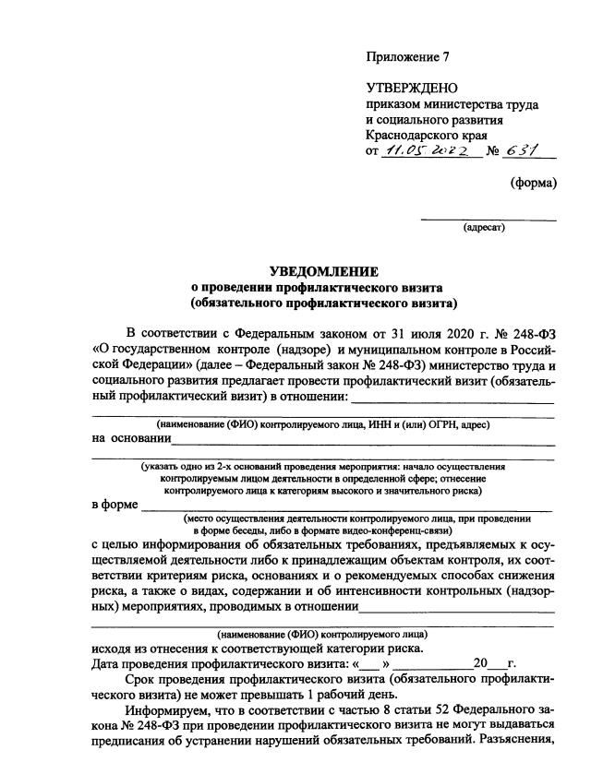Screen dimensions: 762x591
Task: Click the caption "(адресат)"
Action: (484, 228)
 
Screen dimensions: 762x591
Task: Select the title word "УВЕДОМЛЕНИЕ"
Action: (323, 271)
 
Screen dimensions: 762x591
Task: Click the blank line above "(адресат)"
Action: (488, 219)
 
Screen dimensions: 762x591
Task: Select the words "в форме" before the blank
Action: (115, 505)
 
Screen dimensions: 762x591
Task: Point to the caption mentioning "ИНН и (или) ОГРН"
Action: (322, 424)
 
